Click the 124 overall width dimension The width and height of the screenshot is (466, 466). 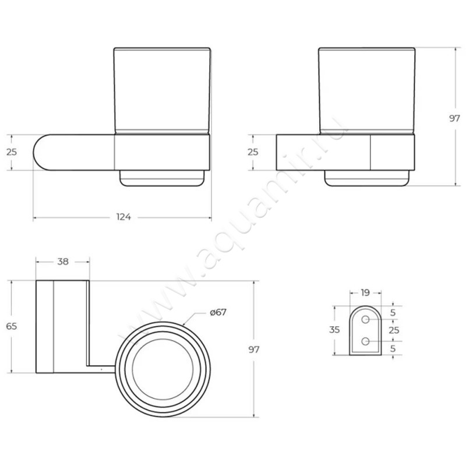pyautogui.click(x=123, y=217)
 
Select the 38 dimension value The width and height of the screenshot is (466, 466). pyautogui.click(x=62, y=262)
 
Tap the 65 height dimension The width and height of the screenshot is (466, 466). pyautogui.click(x=11, y=326)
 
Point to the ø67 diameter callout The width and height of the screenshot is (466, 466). pyautogui.click(x=218, y=312)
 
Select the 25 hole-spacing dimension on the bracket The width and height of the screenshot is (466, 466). pyautogui.click(x=394, y=330)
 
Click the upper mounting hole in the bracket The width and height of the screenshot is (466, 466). pyautogui.click(x=365, y=320)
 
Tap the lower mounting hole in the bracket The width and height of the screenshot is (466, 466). pyautogui.click(x=365, y=341)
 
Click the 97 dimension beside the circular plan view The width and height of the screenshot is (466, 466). pyautogui.click(x=253, y=349)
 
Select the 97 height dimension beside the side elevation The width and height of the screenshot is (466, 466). pyautogui.click(x=454, y=118)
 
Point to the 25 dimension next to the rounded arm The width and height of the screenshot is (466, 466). pyautogui.click(x=11, y=152)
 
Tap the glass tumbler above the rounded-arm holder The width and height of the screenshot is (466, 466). pyautogui.click(x=161, y=90)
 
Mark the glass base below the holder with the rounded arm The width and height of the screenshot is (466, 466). pyautogui.click(x=163, y=179)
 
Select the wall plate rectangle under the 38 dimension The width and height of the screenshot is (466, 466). pyautogui.click(x=45, y=326)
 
